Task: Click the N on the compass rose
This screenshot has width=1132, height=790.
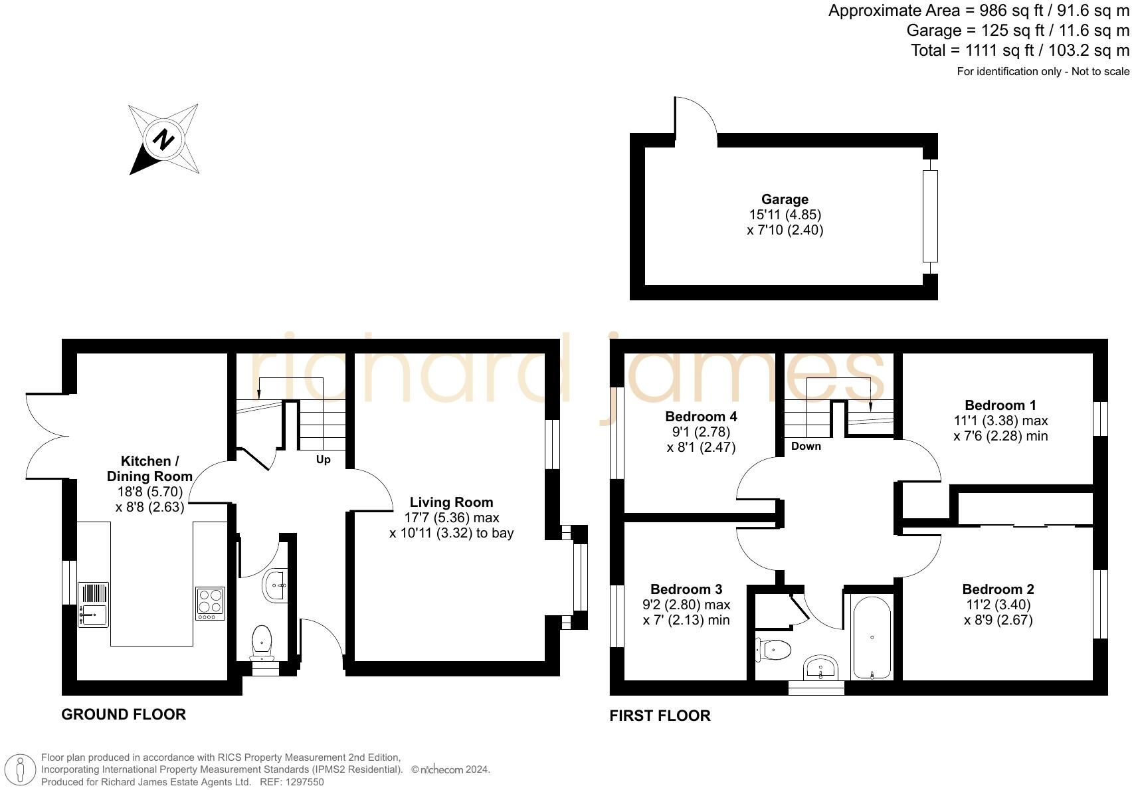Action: (x=163, y=140)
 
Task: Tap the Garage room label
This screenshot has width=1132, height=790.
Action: (x=785, y=199)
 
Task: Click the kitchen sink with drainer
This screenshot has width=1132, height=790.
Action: (x=93, y=605)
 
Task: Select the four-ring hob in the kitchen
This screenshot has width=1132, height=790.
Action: (x=210, y=603)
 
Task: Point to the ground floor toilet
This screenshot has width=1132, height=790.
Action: (x=262, y=641)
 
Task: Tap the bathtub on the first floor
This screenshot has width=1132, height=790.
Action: (x=871, y=638)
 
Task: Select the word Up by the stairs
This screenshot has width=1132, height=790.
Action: (x=323, y=460)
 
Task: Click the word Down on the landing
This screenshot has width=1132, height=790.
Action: (x=806, y=446)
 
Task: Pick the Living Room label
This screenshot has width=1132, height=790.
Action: (x=451, y=502)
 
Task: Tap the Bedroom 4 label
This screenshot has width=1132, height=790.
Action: (x=701, y=417)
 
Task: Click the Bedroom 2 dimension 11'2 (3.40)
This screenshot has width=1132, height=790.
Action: (x=998, y=605)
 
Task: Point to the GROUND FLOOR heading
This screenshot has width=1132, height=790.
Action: (x=124, y=714)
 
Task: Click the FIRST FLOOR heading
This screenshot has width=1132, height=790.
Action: (x=660, y=716)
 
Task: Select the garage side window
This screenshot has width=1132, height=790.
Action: (x=930, y=215)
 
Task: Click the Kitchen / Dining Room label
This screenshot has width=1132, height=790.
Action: (x=149, y=468)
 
